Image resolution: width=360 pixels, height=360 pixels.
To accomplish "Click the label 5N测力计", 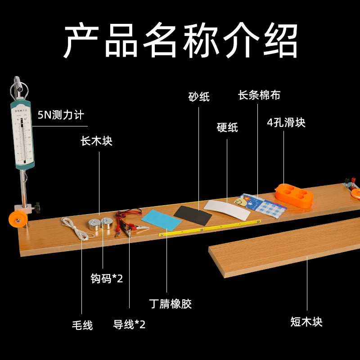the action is pyautogui.click(x=61, y=115).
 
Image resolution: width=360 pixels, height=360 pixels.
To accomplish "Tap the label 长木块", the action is pyautogui.click(x=96, y=141).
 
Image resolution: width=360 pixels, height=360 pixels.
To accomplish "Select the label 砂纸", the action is pyautogui.click(x=199, y=97).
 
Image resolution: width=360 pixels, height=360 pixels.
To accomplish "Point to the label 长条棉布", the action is pyautogui.click(x=259, y=95).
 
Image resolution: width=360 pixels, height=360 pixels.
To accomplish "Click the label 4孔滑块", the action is pyautogui.click(x=286, y=122).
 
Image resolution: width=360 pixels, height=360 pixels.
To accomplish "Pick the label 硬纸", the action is pyautogui.click(x=227, y=127).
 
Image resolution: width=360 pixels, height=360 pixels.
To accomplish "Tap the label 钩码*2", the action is pyautogui.click(x=107, y=279).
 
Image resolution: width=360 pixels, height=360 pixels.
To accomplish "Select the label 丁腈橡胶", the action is pyautogui.click(x=170, y=304).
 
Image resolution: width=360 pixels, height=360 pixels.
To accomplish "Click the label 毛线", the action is pyautogui.click(x=82, y=325).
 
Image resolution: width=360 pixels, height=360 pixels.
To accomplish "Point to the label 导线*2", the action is pyautogui.click(x=129, y=324).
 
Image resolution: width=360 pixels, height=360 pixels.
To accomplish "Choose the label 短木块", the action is pyautogui.click(x=306, y=321).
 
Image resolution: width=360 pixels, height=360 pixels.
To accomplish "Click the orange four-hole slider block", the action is pyautogui.click(x=294, y=195).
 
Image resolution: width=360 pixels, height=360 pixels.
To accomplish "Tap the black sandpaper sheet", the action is pyautogui.click(x=193, y=216).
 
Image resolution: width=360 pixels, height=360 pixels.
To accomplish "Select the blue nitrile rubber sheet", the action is pyautogui.click(x=161, y=220).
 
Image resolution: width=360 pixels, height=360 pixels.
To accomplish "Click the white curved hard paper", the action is pyautogui.click(x=227, y=210).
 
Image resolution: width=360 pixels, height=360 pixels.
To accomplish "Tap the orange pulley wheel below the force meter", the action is pyautogui.click(x=18, y=220).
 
